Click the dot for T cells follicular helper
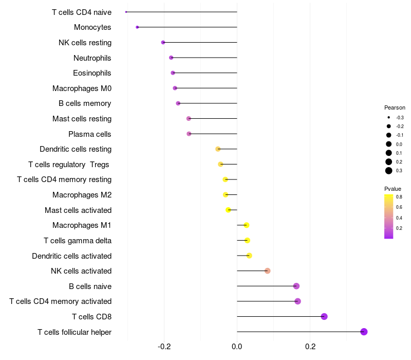[x=364, y=332]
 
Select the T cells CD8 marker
[x=324, y=316]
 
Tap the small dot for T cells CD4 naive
[x=126, y=12]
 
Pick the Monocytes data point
[x=137, y=27]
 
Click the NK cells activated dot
[x=268, y=271]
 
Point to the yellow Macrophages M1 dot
[x=247, y=225]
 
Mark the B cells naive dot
[x=296, y=286]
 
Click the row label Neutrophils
[x=92, y=58]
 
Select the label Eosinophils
[x=92, y=73]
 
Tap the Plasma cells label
[x=90, y=134]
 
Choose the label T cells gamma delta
[x=78, y=241]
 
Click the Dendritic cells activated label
[x=72, y=256]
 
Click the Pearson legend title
[x=395, y=108]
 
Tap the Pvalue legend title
[x=393, y=189]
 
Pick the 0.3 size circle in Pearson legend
[x=389, y=171]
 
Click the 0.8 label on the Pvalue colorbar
[x=399, y=196]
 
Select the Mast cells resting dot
[x=189, y=119]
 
